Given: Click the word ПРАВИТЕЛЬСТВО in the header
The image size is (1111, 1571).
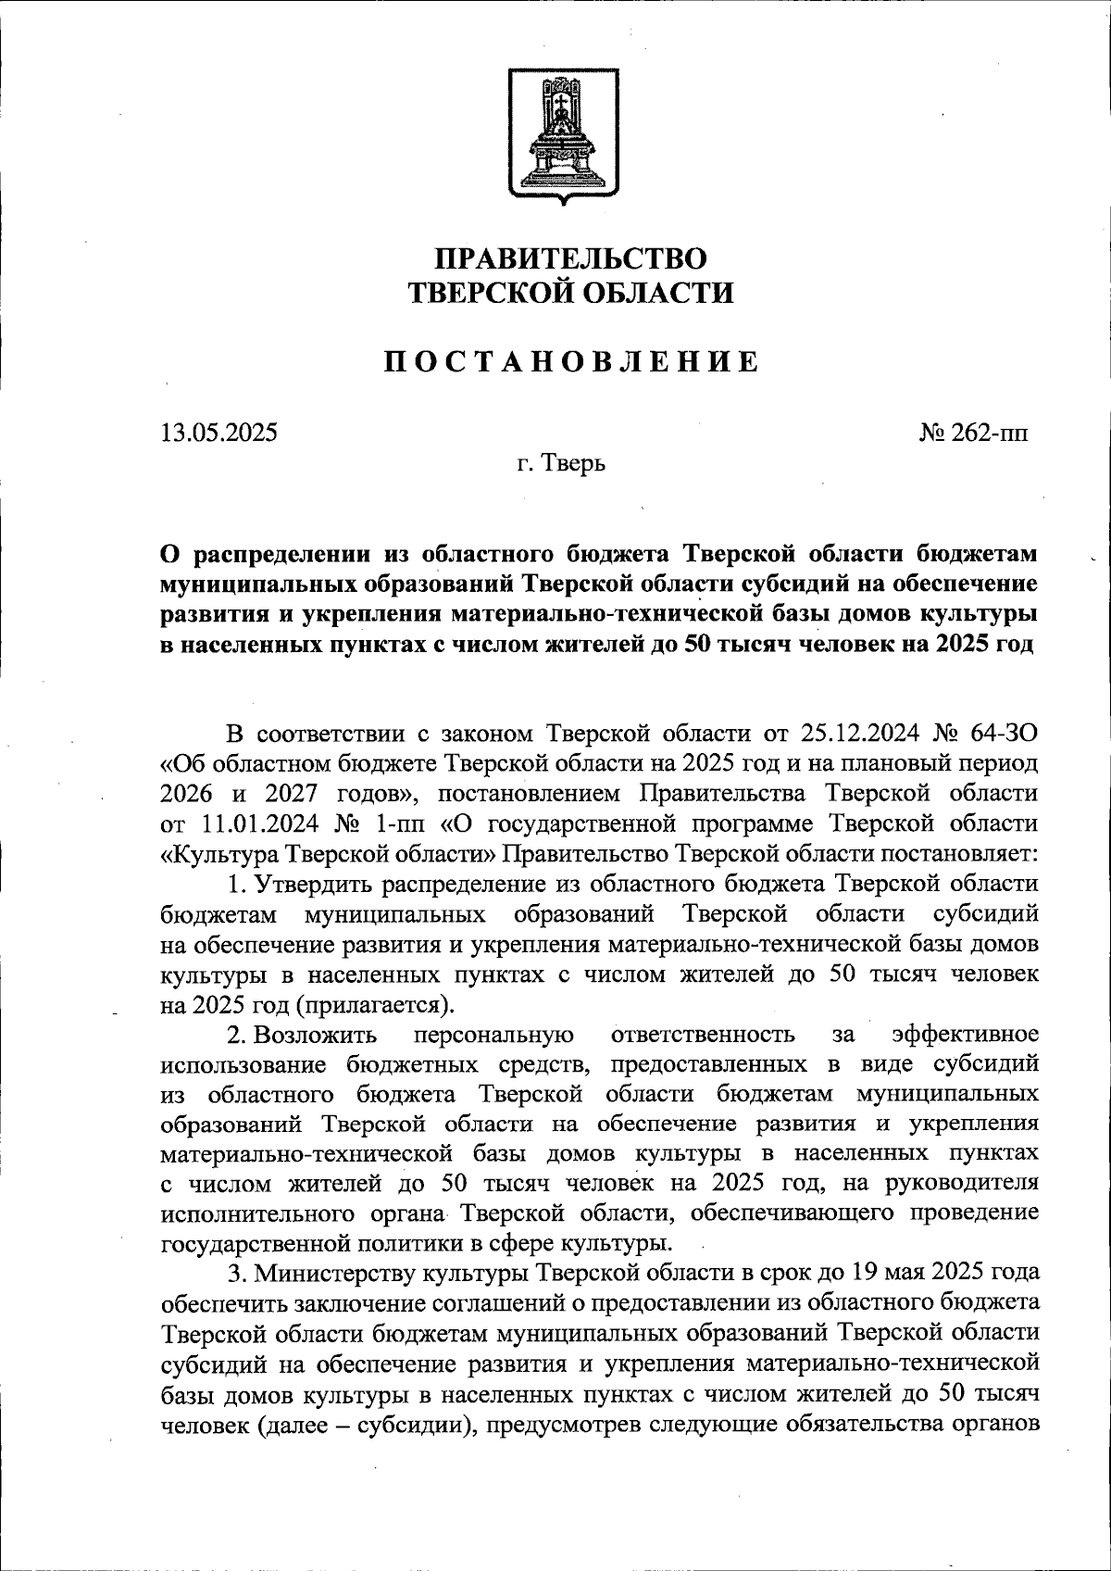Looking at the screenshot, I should [571, 259].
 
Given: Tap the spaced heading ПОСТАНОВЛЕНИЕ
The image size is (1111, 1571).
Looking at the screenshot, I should [571, 361].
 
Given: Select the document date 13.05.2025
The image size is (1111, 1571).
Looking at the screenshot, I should [218, 433].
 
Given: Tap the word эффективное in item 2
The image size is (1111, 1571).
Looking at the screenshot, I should [964, 1034].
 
